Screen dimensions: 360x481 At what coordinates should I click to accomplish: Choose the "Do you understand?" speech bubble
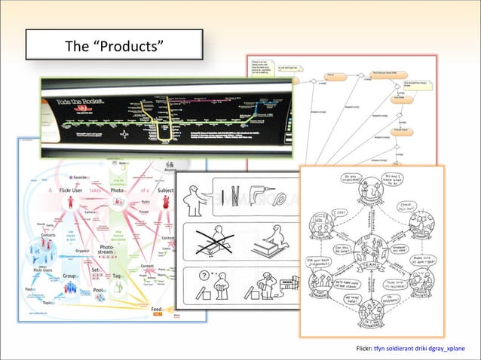353,182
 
